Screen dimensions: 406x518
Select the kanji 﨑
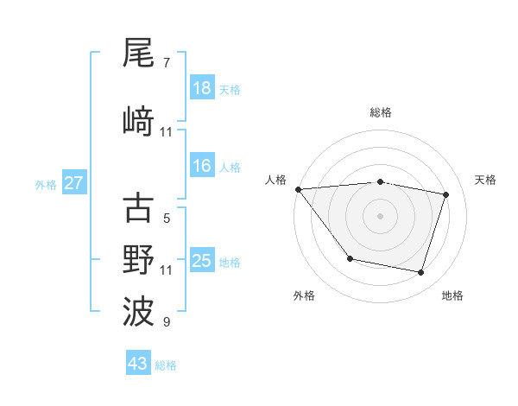pyautogui.click(x=138, y=120)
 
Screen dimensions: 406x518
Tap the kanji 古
pyautogui.click(x=138, y=208)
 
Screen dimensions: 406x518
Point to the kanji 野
pyautogui.click(x=138, y=259)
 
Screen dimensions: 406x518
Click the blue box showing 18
pyautogui.click(x=202, y=88)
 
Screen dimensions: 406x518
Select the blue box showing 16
pyautogui.click(x=202, y=166)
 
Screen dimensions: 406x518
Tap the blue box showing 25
pyautogui.click(x=202, y=261)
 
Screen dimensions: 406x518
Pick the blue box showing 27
pyautogui.click(x=74, y=183)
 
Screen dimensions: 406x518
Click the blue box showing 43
pyautogui.click(x=138, y=364)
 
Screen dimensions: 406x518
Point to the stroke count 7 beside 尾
pyautogui.click(x=166, y=63)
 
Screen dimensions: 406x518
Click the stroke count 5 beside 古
pyautogui.click(x=166, y=219)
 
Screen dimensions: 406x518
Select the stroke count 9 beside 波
pyautogui.click(x=166, y=322)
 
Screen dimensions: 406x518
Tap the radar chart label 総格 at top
pyautogui.click(x=381, y=112)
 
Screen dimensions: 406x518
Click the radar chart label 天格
pyautogui.click(x=485, y=180)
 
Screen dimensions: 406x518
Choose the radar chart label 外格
pyautogui.click(x=304, y=295)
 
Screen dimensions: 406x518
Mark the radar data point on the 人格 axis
pyautogui.click(x=299, y=189)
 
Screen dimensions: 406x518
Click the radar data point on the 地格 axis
pyautogui.click(x=420, y=272)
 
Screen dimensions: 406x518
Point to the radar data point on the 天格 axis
pyautogui.click(x=445, y=194)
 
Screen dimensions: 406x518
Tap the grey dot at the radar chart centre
pyautogui.click(x=381, y=215)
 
